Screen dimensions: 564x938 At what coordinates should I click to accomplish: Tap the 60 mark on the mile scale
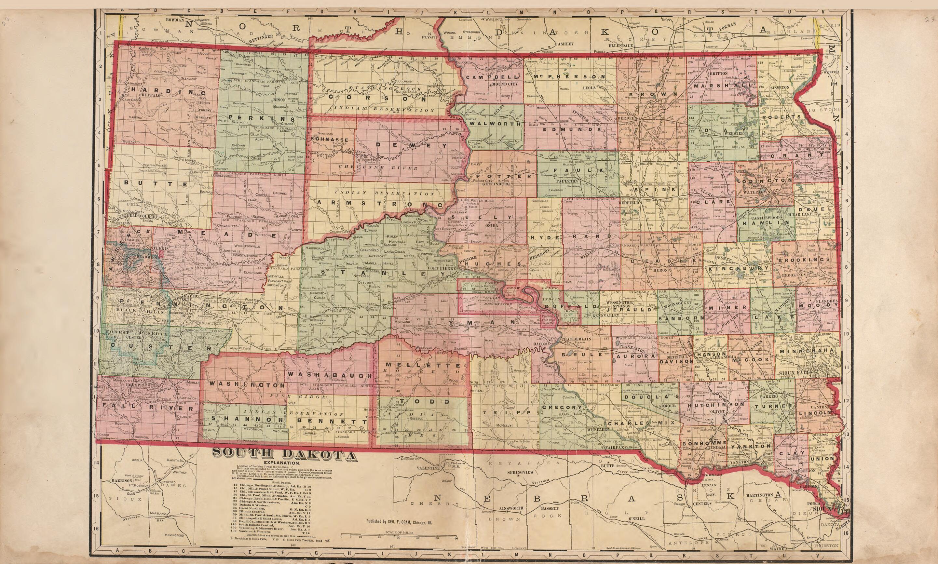point(456,549)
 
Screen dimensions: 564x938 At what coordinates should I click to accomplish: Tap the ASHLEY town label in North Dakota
point(565,44)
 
